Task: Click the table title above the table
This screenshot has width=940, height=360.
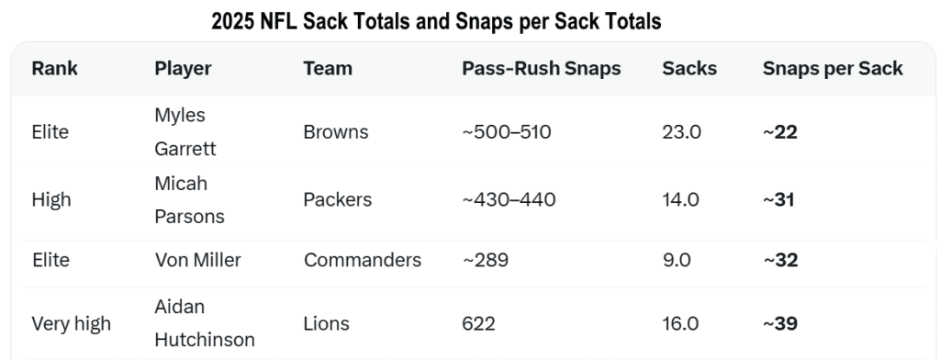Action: coord(436,21)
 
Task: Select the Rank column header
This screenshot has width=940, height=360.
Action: coord(54,68)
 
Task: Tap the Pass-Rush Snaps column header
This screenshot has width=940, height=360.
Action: coord(542,68)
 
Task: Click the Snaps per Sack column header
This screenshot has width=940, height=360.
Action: coord(833,69)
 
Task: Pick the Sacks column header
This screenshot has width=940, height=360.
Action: coord(689,68)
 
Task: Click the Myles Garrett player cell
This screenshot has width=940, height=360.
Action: coord(185,131)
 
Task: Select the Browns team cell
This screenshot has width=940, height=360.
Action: coord(336,132)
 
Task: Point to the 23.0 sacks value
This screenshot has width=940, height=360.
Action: coord(682,132)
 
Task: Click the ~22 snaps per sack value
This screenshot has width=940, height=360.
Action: coord(780,132)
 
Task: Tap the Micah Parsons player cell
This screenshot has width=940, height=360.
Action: coord(189,200)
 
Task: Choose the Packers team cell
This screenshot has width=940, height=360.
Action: coord(338,200)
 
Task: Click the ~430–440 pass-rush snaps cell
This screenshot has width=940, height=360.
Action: coord(509,200)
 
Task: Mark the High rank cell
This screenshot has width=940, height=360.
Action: coord(51,200)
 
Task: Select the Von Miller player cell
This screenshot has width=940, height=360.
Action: coord(198,260)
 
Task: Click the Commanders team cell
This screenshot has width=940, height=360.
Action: coord(363,260)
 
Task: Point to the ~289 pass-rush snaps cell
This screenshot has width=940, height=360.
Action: coord(485,260)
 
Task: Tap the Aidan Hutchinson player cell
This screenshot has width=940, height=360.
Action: coord(205,323)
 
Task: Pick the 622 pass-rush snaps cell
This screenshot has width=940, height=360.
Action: coord(478,324)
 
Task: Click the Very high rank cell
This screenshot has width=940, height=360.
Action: coord(72,324)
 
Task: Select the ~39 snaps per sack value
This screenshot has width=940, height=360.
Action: coord(780,324)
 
